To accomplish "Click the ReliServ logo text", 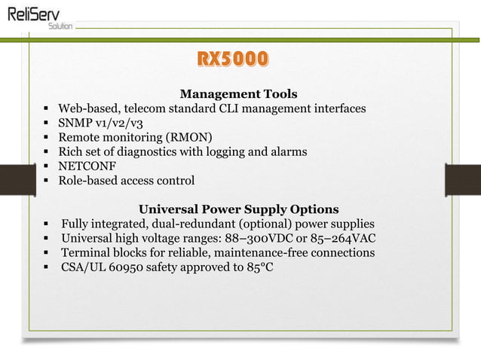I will [36, 13].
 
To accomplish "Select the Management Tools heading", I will [238, 94].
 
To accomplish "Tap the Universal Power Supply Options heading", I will [238, 209].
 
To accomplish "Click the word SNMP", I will [76, 123].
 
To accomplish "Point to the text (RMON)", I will [188, 137].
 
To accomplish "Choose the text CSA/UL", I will [84, 267].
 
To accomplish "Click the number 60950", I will [130, 267].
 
